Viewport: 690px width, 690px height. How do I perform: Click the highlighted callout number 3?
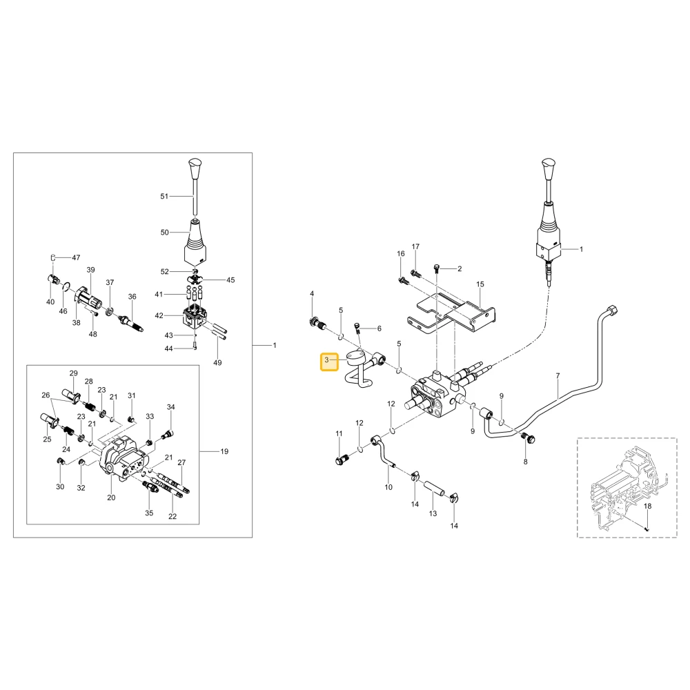point(326,360)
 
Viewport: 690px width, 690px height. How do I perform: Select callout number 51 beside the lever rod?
point(164,196)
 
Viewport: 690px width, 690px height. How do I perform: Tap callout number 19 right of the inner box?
point(224,451)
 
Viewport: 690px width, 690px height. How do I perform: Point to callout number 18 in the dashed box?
point(648,506)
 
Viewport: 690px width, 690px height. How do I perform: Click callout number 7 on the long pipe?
point(558,376)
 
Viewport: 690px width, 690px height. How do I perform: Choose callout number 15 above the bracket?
point(480,284)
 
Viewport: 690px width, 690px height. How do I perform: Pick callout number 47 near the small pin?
point(76,257)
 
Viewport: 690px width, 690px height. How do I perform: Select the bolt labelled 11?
point(342,460)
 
